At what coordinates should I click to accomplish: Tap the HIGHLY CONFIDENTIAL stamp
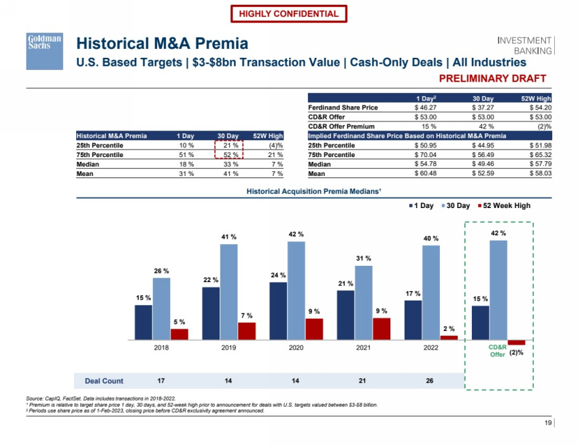tap(288, 14)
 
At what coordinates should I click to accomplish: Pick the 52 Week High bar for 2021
tap(381, 328)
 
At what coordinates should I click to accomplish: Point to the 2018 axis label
tap(161, 347)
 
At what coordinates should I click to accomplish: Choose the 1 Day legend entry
tap(421, 205)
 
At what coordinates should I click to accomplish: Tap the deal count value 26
tap(430, 381)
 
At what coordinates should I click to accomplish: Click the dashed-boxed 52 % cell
tap(228, 155)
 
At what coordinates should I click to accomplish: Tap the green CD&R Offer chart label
tap(498, 350)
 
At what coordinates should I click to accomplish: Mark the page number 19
tap(548, 424)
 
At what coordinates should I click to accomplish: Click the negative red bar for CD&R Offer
tap(516, 342)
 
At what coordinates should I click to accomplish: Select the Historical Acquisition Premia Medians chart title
tap(313, 191)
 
